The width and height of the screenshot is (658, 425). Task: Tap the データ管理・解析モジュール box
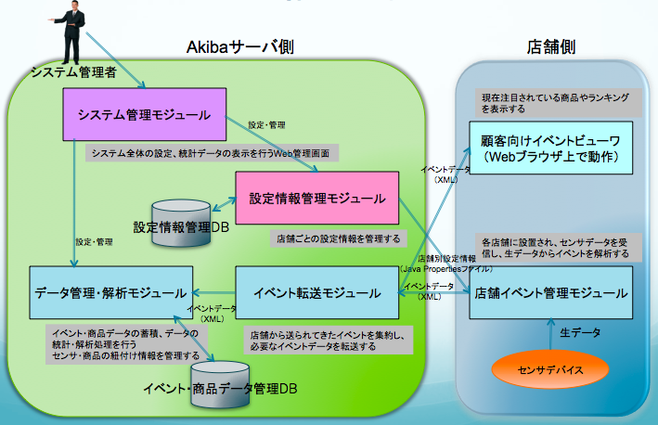tap(110, 292)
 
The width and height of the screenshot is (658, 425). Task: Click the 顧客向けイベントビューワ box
tap(550, 148)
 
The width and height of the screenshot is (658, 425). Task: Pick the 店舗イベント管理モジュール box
tap(550, 292)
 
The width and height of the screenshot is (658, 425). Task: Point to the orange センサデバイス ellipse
tap(550, 368)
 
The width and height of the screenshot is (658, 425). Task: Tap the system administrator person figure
tap(77, 32)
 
